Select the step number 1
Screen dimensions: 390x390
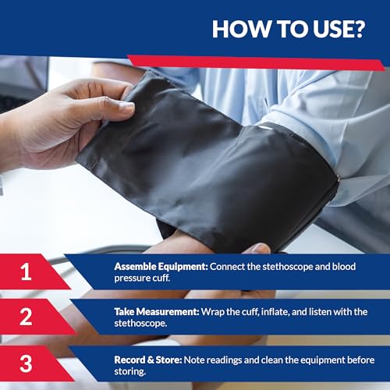(x=27, y=272)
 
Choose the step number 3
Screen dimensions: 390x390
(x=27, y=363)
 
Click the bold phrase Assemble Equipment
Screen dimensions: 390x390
(x=159, y=267)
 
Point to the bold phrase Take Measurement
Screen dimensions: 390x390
(x=157, y=312)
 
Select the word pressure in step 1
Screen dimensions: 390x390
(x=133, y=278)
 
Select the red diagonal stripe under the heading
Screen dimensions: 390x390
(x=257, y=62)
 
